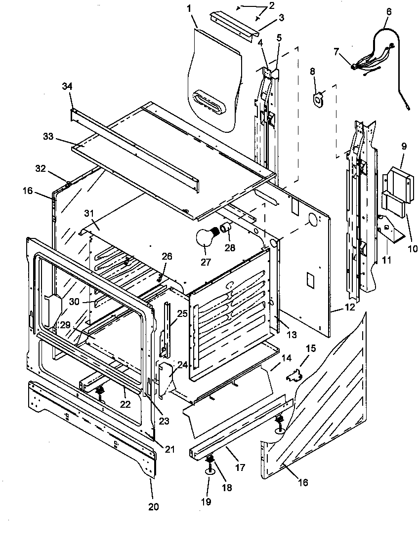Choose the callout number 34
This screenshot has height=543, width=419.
click(67, 86)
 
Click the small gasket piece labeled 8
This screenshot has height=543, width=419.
click(319, 98)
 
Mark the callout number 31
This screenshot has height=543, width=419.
click(88, 213)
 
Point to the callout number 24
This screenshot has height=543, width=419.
click(183, 365)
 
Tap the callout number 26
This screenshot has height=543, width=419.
click(167, 256)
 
